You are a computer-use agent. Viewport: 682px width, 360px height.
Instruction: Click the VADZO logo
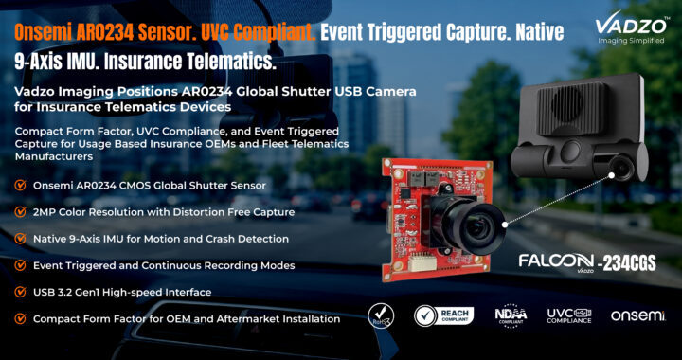click(x=631, y=29)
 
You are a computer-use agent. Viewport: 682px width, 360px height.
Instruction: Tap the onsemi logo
click(x=638, y=315)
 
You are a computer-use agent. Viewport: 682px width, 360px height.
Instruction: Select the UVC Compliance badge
click(x=569, y=315)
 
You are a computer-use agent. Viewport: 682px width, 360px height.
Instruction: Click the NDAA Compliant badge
click(x=511, y=315)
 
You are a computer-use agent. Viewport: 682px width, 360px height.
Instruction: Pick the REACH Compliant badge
click(x=443, y=315)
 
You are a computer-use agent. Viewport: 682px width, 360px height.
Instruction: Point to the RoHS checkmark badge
click(x=381, y=315)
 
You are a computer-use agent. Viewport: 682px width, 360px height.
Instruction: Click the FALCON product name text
click(x=556, y=261)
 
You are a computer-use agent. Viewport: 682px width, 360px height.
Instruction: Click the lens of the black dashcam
click(x=623, y=169)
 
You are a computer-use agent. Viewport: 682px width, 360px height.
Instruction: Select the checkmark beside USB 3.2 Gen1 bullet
click(x=20, y=292)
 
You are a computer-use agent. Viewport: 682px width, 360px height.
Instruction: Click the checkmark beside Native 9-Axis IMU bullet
click(x=20, y=239)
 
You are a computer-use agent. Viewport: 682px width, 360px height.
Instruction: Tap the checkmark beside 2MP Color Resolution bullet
click(x=20, y=212)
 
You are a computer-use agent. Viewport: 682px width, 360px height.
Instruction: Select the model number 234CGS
click(x=629, y=263)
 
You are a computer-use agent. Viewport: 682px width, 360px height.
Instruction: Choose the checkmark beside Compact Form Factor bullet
click(x=20, y=318)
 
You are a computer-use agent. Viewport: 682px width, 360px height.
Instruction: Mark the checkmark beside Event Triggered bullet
click(x=20, y=265)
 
